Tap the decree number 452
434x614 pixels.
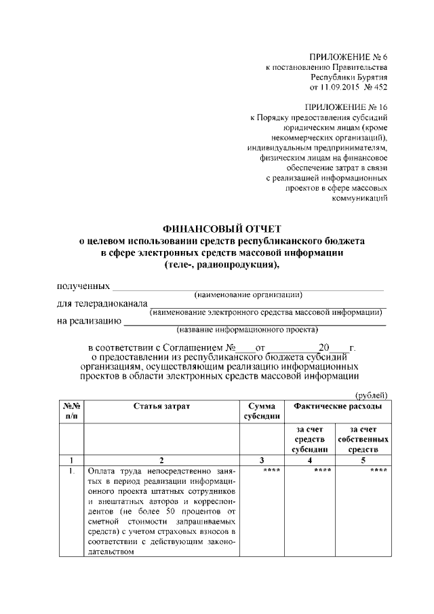380,88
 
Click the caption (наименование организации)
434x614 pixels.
248,294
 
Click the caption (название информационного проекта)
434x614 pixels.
247,330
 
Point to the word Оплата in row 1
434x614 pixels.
102,471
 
